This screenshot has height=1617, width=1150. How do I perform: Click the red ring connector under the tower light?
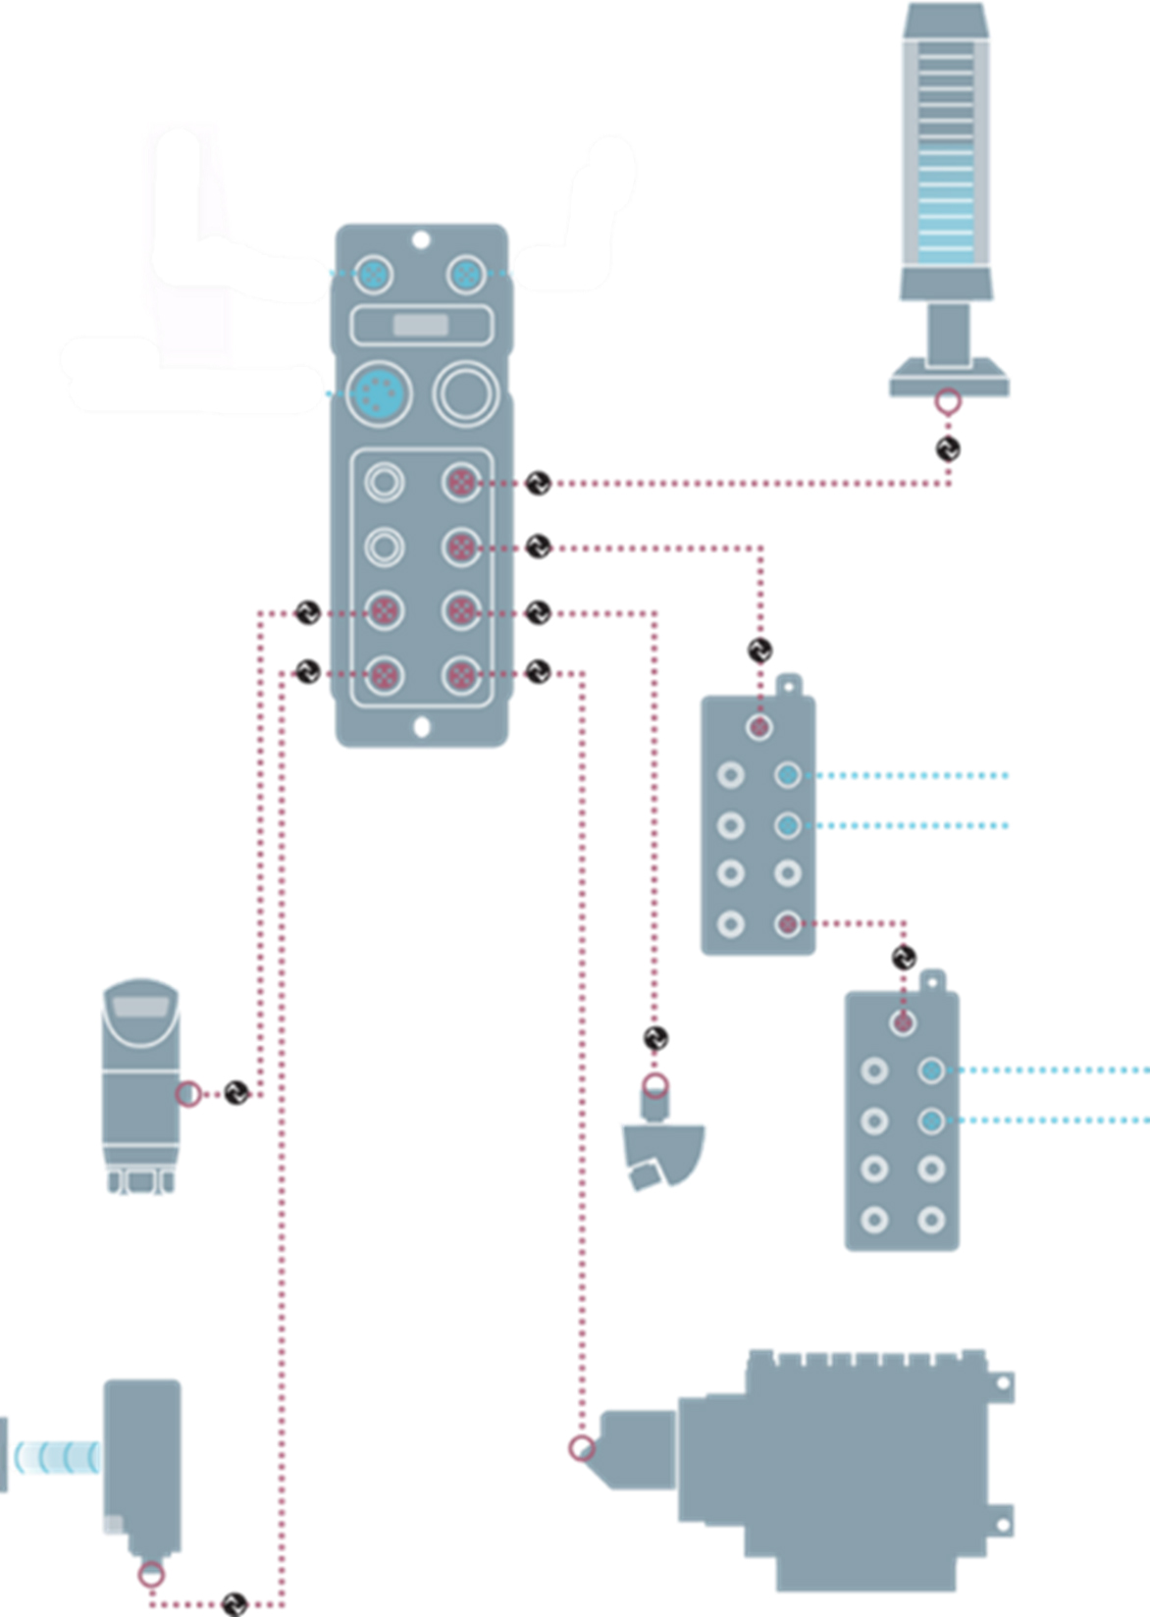point(947,401)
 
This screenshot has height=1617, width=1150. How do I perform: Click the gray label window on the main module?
point(421,326)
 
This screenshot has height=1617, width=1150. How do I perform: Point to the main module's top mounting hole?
point(421,239)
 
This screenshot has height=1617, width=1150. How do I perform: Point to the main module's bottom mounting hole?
point(422,727)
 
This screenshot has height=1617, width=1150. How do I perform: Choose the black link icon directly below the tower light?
point(947,449)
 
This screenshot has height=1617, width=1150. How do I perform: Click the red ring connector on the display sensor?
point(188,1093)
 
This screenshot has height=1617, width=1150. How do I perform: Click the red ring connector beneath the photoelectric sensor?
point(150,1575)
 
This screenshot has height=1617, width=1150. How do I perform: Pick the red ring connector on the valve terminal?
point(582,1448)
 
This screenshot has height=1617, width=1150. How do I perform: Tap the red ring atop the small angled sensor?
point(655,1086)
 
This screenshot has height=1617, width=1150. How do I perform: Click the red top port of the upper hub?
point(758,727)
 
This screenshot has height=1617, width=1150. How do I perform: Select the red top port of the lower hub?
point(903,1023)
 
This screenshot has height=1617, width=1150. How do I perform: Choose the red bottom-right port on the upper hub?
point(787,923)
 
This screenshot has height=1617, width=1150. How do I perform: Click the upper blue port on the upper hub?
point(787,775)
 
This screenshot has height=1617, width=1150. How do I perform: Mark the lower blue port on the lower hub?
point(931,1121)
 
